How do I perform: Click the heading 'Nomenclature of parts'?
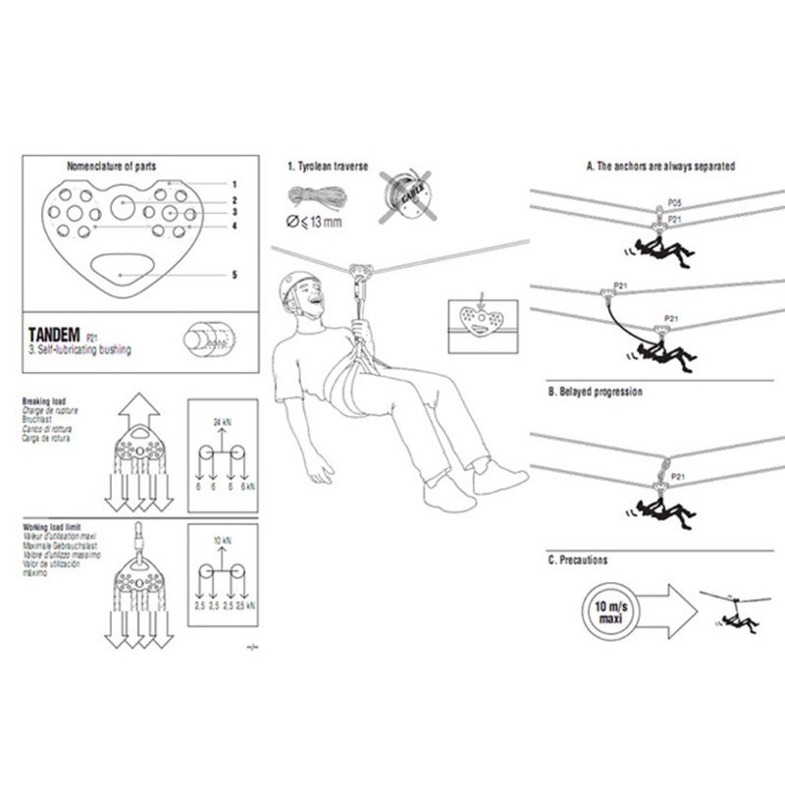click(111, 166)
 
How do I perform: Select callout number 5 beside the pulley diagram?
click(235, 275)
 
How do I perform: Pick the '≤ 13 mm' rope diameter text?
click(316, 224)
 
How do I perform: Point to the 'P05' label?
click(674, 201)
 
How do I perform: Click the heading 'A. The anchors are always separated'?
click(660, 167)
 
